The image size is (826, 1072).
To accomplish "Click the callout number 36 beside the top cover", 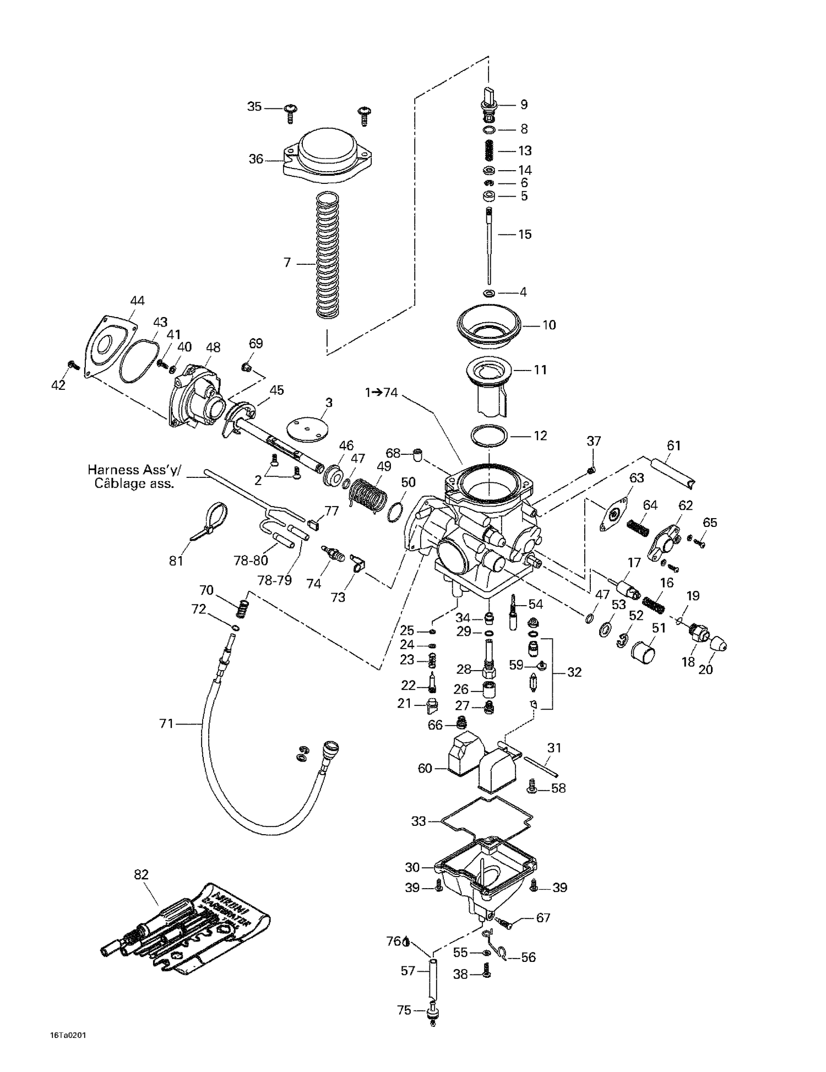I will coord(256,160).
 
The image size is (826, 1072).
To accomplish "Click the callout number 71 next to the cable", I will coord(166,723).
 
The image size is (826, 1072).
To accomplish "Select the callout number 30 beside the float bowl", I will coord(412,867).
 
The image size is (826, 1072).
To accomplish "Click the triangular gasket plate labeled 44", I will coord(110,346).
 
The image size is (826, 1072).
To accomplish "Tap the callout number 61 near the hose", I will coord(673,445).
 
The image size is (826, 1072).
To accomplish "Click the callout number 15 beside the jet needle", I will coord(525,235).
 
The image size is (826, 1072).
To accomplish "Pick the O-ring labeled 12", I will coord(488,436).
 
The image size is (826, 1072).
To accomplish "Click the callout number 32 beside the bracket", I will coord(574,672).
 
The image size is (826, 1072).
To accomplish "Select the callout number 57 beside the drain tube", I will coord(407,971).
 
